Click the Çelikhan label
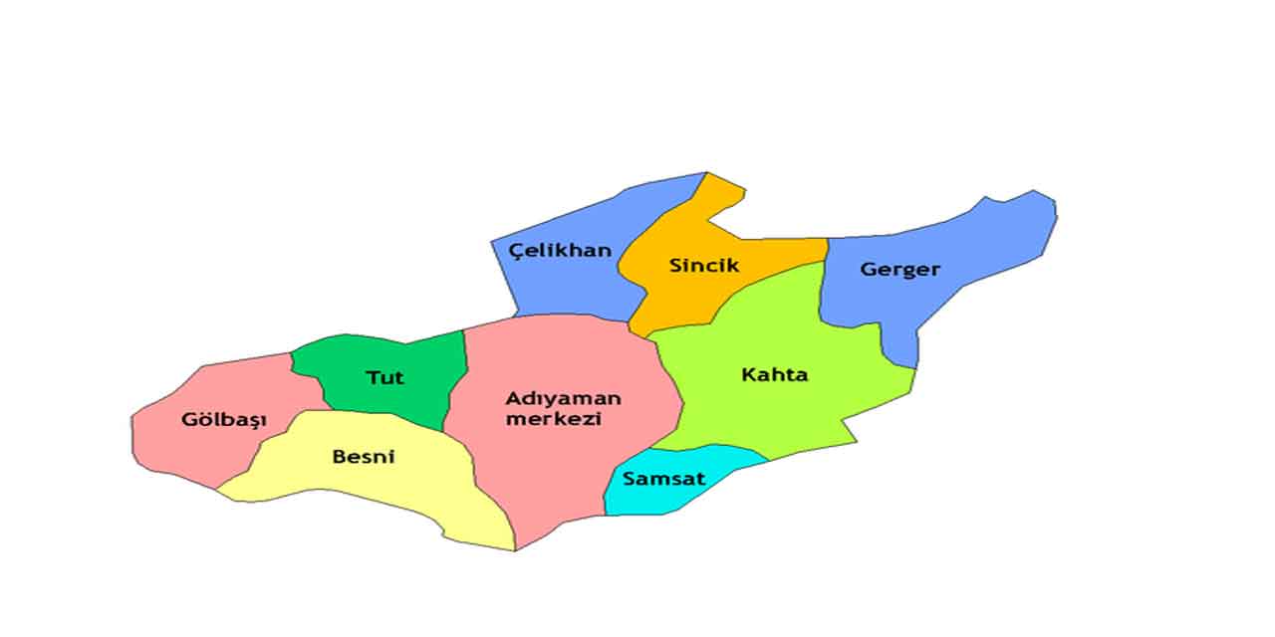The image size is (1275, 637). click(560, 250)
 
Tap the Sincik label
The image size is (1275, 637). click(704, 266)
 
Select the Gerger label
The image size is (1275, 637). click(899, 270)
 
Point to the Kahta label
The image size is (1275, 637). click(775, 375)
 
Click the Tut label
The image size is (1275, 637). click(384, 378)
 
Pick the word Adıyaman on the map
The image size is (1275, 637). click(563, 398)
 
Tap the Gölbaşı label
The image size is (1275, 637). click(224, 420)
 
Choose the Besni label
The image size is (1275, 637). click(364, 457)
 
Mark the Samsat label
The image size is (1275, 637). click(663, 479)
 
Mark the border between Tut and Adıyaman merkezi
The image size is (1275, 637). click(460, 378)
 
